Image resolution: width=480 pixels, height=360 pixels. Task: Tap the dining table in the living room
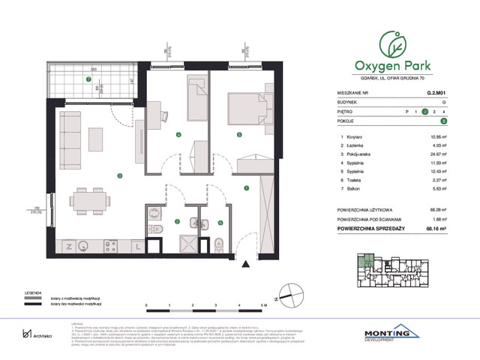(91, 199)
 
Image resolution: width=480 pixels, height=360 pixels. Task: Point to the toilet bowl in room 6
(217, 243)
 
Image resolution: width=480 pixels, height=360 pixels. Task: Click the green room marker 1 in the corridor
(245, 188)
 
